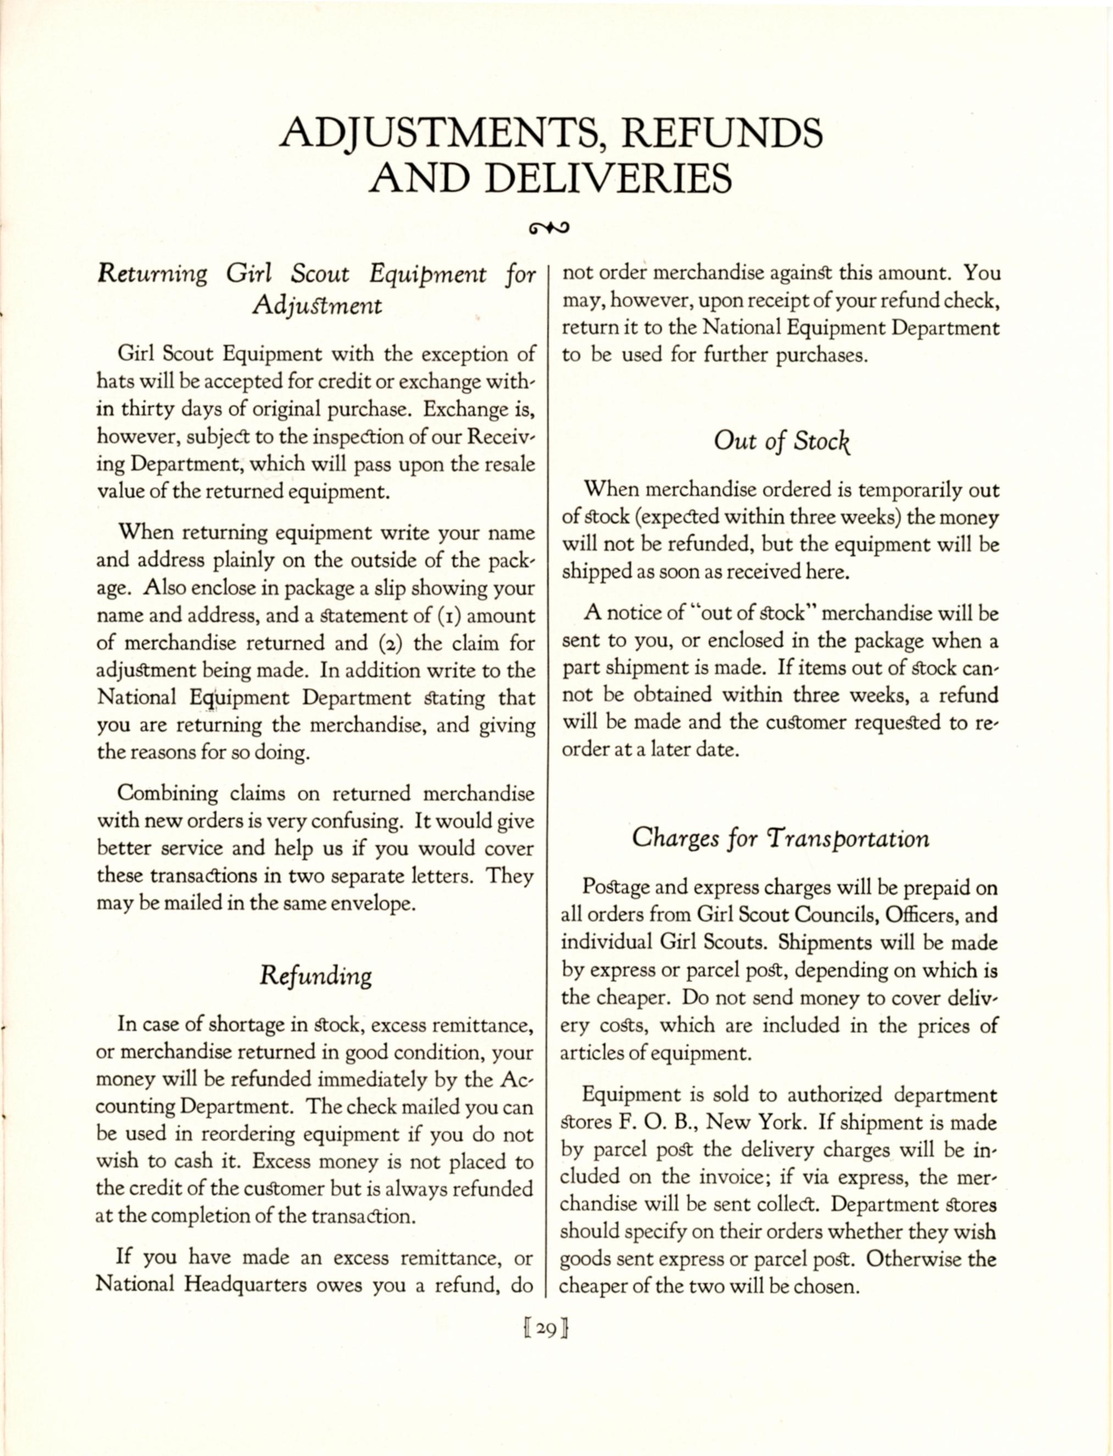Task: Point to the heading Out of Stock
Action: (x=782, y=441)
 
